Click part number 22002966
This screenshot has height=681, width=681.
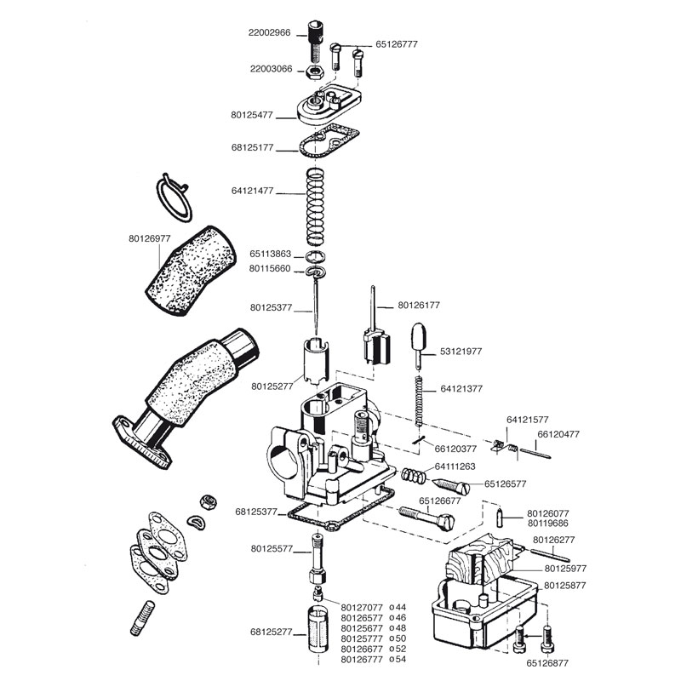pyautogui.click(x=270, y=32)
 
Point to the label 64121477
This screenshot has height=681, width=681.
pyautogui.click(x=251, y=191)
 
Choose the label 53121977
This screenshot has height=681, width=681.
pyautogui.click(x=461, y=351)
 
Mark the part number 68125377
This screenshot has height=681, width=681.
pyautogui.click(x=256, y=512)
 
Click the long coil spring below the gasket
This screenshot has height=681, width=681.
pyautogui.click(x=316, y=208)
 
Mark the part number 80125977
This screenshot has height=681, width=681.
pyautogui.click(x=563, y=568)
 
